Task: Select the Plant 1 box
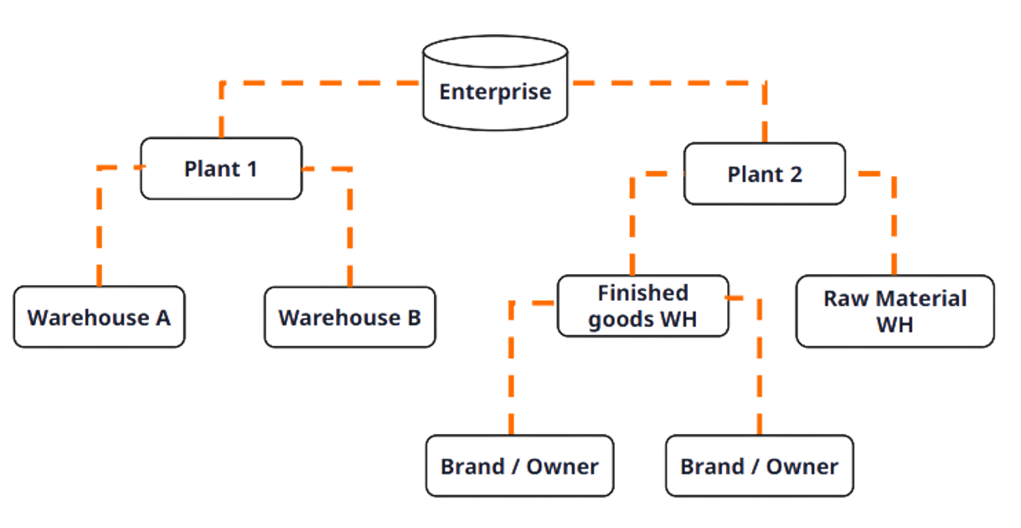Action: pos(221,168)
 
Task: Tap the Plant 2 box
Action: pos(765,174)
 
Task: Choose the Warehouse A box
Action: pos(99,318)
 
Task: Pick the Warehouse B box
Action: pos(349,318)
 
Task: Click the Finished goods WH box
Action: pos(642,306)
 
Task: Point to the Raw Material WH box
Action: pos(895,311)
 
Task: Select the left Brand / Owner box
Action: pos(519,466)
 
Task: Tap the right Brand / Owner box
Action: pos(759,466)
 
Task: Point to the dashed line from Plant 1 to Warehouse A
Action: pos(100,226)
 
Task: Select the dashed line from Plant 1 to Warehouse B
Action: pos(349,226)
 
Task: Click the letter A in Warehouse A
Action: pos(161,318)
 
